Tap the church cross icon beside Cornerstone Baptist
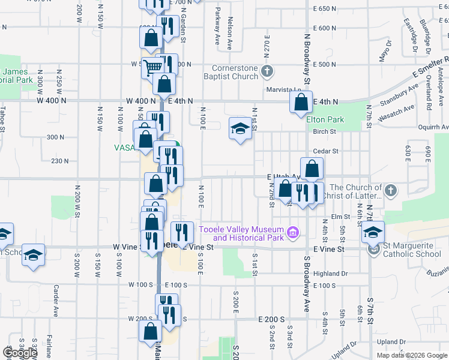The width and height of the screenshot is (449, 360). tap(268, 72)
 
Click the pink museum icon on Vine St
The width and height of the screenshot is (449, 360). tap(292, 232)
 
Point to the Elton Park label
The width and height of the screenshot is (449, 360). tap(325, 119)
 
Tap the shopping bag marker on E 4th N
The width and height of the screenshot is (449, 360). tap(301, 101)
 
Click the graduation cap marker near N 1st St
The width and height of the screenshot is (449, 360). tap(240, 128)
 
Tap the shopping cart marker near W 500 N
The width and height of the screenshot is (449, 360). tap(152, 67)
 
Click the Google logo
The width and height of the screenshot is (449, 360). tap(20, 352)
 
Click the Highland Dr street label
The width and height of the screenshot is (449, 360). tap(331, 274)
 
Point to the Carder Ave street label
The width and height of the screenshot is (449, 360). tap(55, 301)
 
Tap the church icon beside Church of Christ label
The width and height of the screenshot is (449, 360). tap(390, 191)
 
